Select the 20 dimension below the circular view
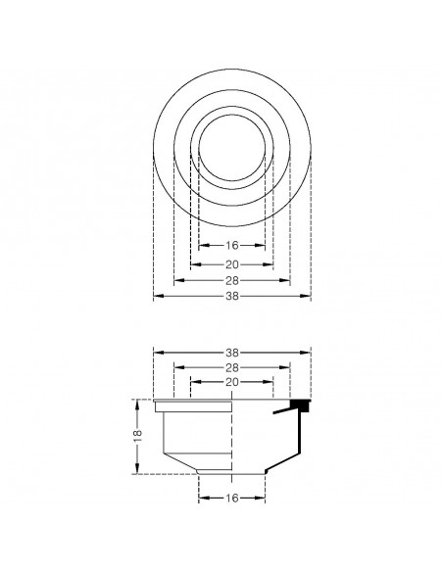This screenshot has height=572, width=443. (232, 264)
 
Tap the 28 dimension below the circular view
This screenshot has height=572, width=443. (232, 280)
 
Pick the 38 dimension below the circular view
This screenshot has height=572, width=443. (232, 296)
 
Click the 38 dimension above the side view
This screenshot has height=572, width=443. (232, 352)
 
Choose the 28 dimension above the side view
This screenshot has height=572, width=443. (232, 367)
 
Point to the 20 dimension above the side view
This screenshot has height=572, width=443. (232, 382)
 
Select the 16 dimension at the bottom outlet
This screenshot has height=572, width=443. (232, 498)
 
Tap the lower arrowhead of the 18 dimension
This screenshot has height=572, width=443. (137, 471)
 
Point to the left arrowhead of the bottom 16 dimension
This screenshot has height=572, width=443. (202, 498)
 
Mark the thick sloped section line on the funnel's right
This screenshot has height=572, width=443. (285, 454)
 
